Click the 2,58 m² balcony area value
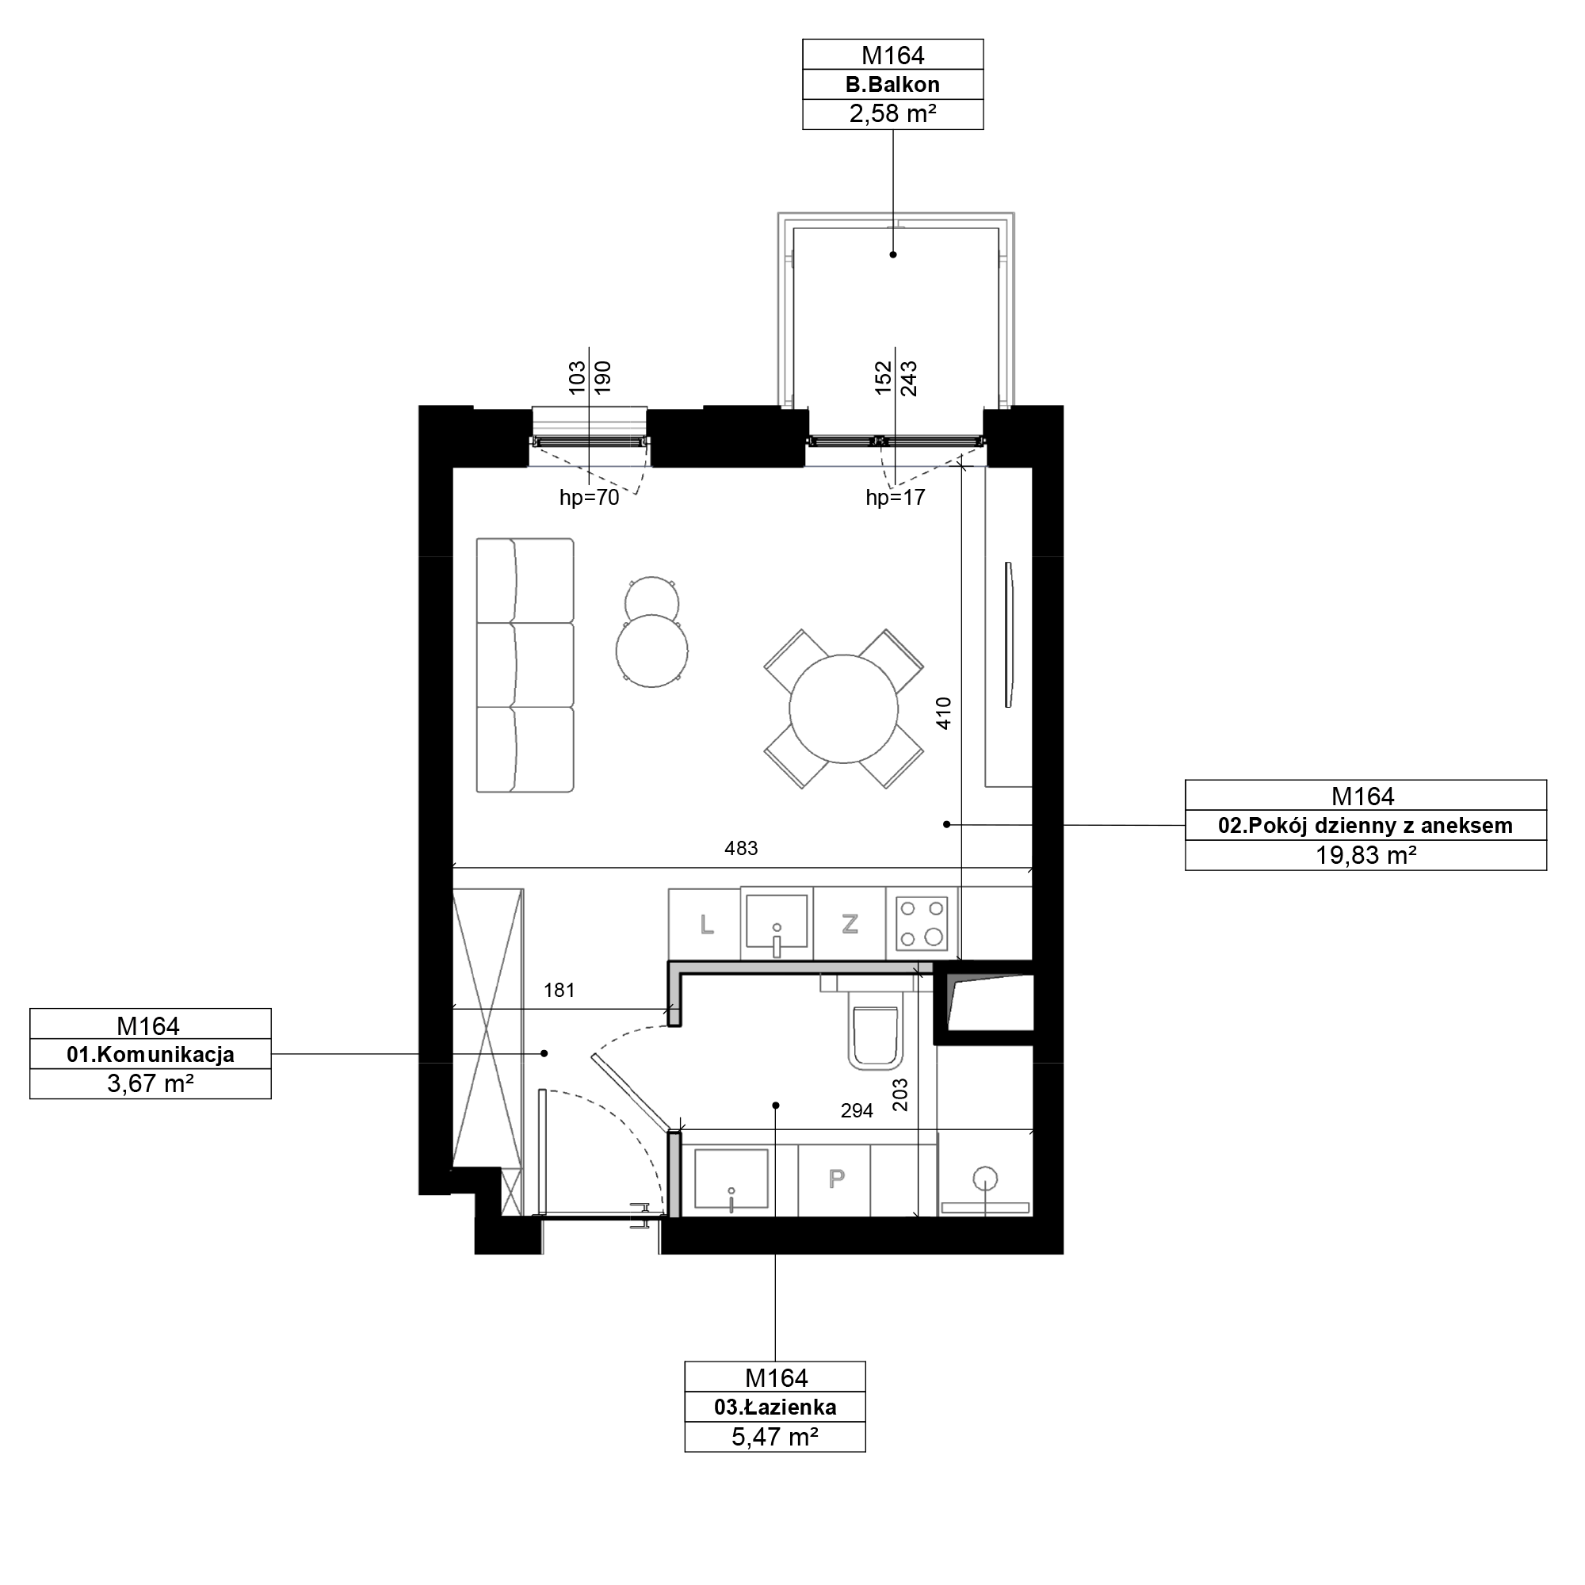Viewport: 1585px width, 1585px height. pyautogui.click(x=892, y=114)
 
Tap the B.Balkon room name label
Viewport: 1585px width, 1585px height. pyautogui.click(x=892, y=85)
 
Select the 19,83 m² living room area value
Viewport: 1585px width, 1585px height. pyautogui.click(x=1366, y=856)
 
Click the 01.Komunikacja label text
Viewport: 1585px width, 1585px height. pyautogui.click(x=150, y=1054)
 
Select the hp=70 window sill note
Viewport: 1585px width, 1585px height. pyautogui.click(x=589, y=497)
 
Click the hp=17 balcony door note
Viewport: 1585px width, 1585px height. pyautogui.click(x=895, y=497)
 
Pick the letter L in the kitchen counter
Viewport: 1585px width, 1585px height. pyautogui.click(x=706, y=925)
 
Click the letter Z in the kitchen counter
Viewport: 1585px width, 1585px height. pyautogui.click(x=850, y=924)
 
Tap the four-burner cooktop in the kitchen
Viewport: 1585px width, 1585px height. pyautogui.click(x=922, y=924)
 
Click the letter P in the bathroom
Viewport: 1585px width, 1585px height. pyautogui.click(x=836, y=1179)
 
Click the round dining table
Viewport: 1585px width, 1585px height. pyautogui.click(x=843, y=708)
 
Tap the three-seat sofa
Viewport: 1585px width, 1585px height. pyautogui.click(x=525, y=666)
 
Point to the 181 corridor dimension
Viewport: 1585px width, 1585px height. pyautogui.click(x=560, y=990)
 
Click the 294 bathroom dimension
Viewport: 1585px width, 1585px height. pyautogui.click(x=857, y=1111)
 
